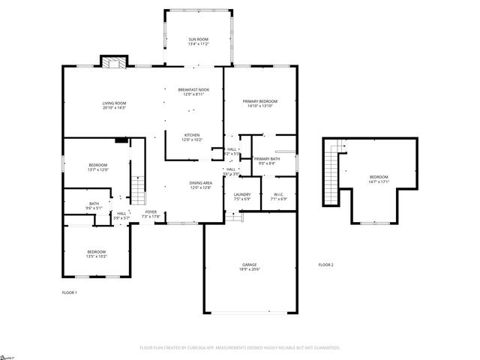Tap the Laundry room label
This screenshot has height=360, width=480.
coord(241,196)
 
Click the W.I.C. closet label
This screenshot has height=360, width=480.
coord(277,196)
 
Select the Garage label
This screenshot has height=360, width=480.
coord(250,266)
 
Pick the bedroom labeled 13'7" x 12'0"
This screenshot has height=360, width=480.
coord(97,166)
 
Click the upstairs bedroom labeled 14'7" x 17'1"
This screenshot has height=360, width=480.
coord(378,178)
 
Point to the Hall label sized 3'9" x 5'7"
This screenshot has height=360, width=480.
coord(121,215)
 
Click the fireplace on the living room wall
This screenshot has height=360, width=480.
coord(115,63)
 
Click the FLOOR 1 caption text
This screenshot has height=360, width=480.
coord(69,292)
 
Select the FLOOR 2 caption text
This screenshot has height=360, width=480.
coord(325,265)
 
